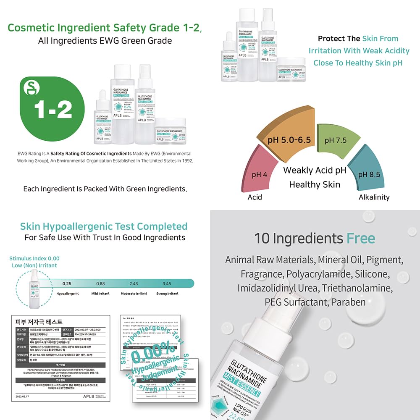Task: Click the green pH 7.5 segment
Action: coord(335,140)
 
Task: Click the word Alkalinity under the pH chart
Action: coord(374,197)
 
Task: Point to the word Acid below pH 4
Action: coord(255,197)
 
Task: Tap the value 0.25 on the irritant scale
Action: coord(67,284)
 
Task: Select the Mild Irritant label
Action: coord(100,294)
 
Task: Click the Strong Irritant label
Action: coord(167,294)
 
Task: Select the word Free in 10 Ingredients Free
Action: coord(360,239)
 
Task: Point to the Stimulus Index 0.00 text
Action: coord(34,258)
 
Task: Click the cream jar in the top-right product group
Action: coord(291,70)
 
